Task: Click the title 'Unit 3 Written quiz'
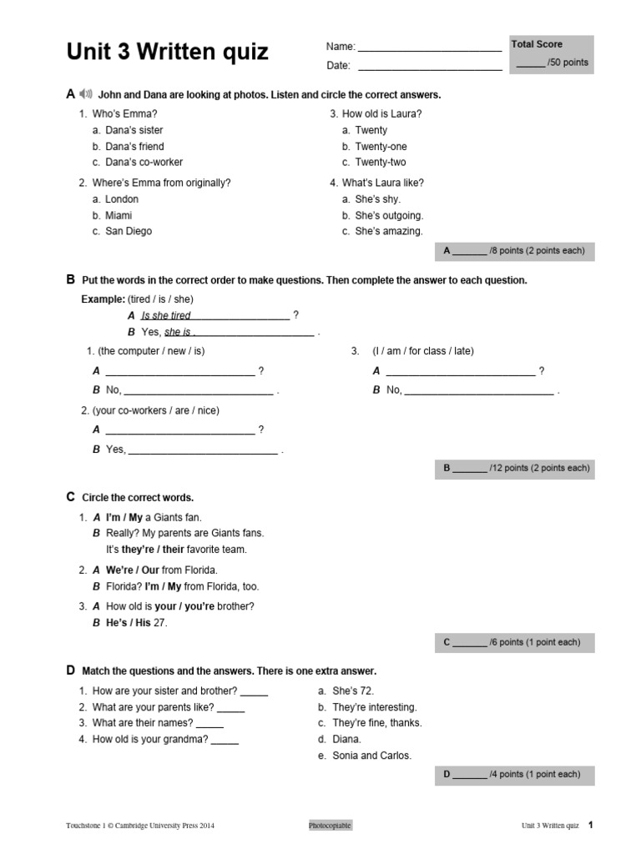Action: [x=167, y=53]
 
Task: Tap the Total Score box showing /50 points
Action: [x=551, y=54]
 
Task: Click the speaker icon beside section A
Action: [x=85, y=94]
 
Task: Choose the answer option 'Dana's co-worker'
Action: [x=144, y=162]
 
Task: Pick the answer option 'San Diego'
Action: [x=128, y=231]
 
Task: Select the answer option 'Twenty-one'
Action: [x=381, y=146]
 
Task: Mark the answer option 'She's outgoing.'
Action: [x=389, y=215]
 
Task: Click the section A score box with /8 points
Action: [x=514, y=250]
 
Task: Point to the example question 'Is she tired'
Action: [x=166, y=316]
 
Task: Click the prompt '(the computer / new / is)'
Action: [x=151, y=351]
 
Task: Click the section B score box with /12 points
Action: [x=514, y=468]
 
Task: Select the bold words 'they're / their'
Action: [x=153, y=550]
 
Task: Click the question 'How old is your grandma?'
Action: [x=150, y=739]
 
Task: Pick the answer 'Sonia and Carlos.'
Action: [x=371, y=756]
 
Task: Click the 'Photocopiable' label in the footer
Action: [x=330, y=826]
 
